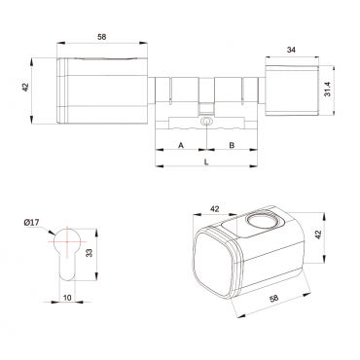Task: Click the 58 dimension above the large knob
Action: [x=102, y=37]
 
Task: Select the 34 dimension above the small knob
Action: [x=291, y=50]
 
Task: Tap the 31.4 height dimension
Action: [x=327, y=89]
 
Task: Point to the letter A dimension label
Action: [x=181, y=145]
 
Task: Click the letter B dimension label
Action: [x=232, y=145]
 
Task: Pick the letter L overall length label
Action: [x=206, y=162]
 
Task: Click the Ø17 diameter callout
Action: [x=31, y=223]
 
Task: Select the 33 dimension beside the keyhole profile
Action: [x=90, y=253]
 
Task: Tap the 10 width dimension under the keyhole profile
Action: [x=67, y=297]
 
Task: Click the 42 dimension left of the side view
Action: [x=25, y=88]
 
